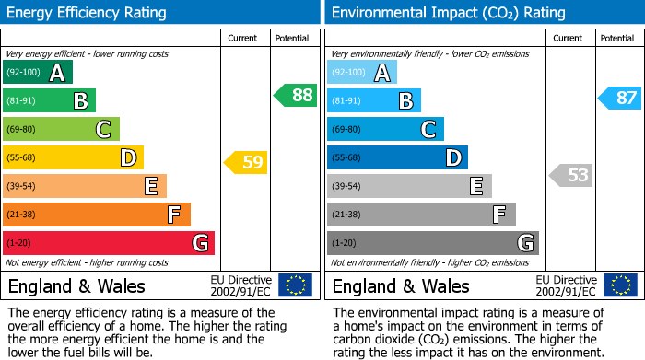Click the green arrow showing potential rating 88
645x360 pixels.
295,95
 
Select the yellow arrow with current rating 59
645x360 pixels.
246,163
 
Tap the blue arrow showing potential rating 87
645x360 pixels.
619,98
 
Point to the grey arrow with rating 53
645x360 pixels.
570,175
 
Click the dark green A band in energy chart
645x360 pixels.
38,73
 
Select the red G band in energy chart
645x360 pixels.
109,243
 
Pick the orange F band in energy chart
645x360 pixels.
97,215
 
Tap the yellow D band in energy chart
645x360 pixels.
73,157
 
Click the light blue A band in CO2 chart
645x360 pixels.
362,73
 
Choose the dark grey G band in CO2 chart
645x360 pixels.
432,243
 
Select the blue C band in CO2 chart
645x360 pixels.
385,129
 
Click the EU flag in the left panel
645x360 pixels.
295,285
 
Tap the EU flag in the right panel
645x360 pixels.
619,285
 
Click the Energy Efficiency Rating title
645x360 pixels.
88,13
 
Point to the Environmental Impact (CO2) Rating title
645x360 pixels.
448,13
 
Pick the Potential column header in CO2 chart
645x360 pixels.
617,38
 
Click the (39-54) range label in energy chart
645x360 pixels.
21,186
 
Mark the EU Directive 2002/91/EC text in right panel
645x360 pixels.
566,285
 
